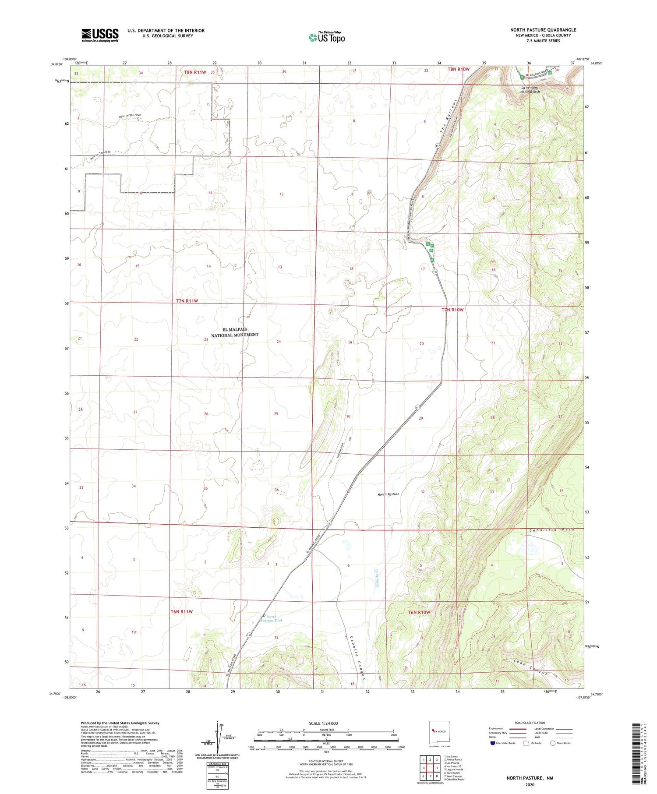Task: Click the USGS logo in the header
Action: (100, 35)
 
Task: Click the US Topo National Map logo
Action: (326, 37)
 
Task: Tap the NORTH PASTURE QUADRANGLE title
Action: (543, 30)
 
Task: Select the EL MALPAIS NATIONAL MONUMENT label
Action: (235, 332)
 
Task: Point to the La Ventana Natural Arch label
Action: (530, 90)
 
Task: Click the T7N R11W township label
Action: (187, 301)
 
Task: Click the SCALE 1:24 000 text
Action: (323, 723)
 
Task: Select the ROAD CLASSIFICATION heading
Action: (530, 723)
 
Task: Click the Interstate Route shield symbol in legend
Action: (493, 743)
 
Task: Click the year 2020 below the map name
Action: (530, 784)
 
